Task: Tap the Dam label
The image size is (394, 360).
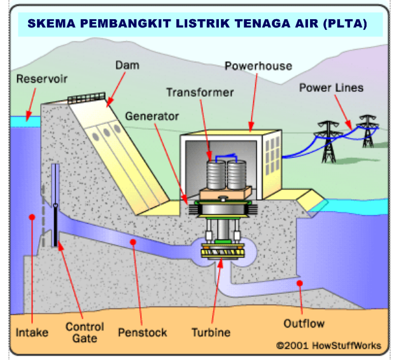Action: coord(127,65)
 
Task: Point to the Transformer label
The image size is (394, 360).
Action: coord(200,92)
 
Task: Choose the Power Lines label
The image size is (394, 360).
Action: coord(331,87)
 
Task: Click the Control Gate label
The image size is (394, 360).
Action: coord(85,333)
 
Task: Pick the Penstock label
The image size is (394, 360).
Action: coord(143,333)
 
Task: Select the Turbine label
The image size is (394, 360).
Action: coord(211,333)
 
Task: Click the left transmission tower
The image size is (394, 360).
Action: coord(328,141)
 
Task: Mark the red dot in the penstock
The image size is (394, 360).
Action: coord(133,242)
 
